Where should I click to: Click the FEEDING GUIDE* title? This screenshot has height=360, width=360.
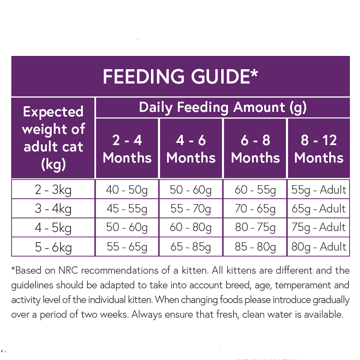tap(180, 77)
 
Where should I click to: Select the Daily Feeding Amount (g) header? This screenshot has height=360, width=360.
tap(223, 107)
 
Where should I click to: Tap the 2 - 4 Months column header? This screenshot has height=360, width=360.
tap(127, 149)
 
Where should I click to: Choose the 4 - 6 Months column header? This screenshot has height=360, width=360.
tap(191, 149)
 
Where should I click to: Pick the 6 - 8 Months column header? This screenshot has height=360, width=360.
tap(255, 149)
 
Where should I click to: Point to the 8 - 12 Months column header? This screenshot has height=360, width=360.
tap(319, 149)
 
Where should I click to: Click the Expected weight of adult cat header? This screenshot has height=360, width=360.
tap(53, 138)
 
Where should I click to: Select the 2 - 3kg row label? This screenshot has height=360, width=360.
tap(53, 190)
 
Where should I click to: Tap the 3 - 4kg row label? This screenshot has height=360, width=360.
tap(53, 209)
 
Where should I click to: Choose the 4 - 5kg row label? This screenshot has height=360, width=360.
tap(53, 228)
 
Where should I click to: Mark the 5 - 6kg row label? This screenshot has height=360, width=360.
tap(53, 247)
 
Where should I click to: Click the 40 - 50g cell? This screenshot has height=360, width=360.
tap(127, 190)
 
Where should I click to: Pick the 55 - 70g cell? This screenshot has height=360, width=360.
tap(191, 209)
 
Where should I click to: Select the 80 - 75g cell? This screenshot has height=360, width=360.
tap(255, 228)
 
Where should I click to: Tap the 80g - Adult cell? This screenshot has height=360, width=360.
tap(319, 247)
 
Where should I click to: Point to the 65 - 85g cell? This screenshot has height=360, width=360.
tap(191, 247)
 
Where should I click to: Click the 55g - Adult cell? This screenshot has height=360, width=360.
tap(319, 190)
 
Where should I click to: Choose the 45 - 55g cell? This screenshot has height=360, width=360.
tap(127, 209)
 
